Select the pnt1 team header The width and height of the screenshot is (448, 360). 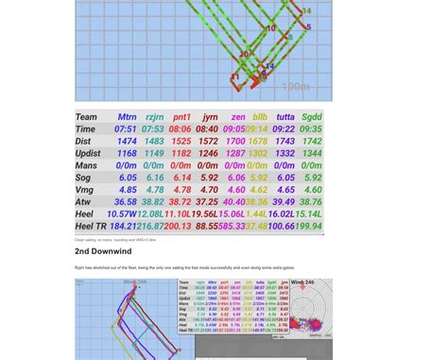tap(181, 117)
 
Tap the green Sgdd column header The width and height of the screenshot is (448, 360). tap(312, 117)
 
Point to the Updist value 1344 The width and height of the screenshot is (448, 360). tap(312, 153)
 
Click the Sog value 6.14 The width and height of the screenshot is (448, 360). tap(181, 178)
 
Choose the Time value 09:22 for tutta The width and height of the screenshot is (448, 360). tap(284, 129)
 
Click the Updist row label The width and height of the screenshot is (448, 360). tap(88, 153)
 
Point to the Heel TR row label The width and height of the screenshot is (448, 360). tap(92, 227)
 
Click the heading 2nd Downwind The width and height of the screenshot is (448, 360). tap(103, 252)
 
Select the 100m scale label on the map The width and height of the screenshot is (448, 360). tap(295, 87)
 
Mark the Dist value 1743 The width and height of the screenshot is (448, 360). tap(284, 142)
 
